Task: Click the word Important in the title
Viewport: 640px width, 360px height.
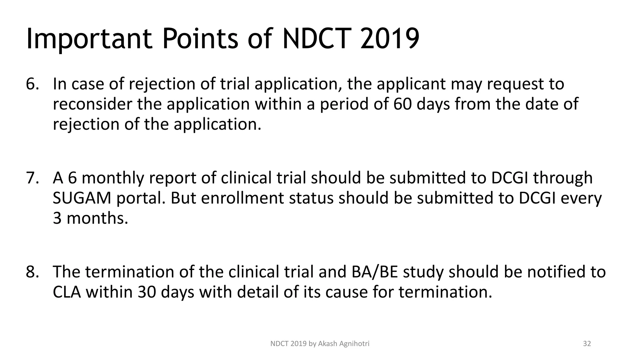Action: click(x=89, y=39)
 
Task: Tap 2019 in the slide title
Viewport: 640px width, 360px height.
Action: click(x=389, y=38)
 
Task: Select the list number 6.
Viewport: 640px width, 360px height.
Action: click(x=32, y=84)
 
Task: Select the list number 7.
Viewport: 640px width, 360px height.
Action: click(x=32, y=178)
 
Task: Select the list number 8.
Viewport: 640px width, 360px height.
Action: click(x=32, y=272)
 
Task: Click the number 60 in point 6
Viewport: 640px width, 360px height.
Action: click(x=403, y=104)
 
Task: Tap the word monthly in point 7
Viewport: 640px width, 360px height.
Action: click(x=113, y=178)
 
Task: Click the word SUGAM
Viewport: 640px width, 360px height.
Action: click(x=82, y=198)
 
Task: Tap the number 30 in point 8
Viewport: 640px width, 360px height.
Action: click(x=147, y=292)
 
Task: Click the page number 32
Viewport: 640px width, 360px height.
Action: click(x=587, y=344)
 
